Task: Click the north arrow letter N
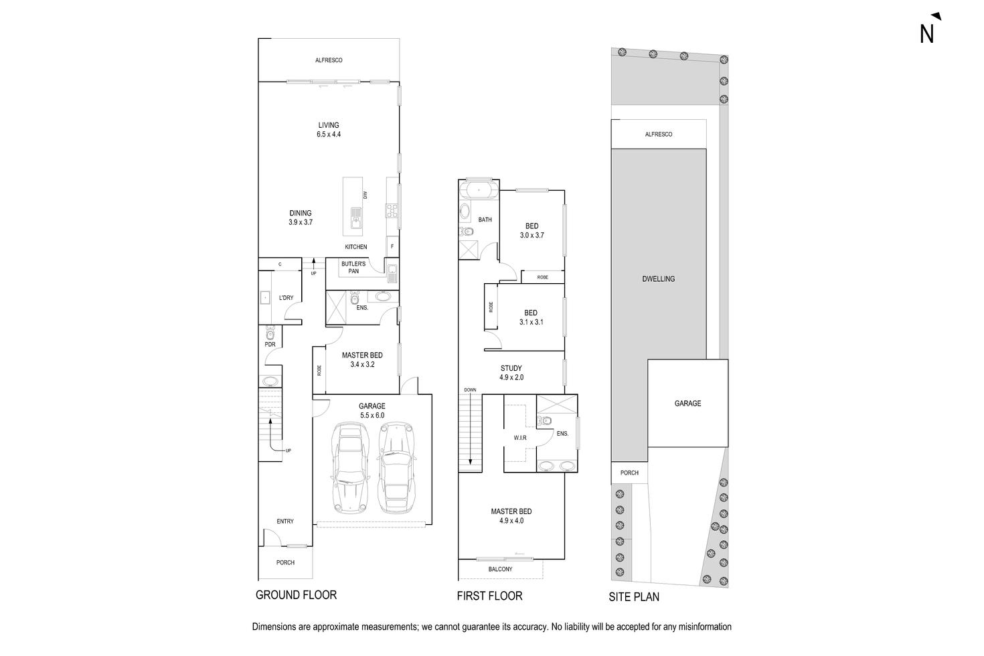pos(926,33)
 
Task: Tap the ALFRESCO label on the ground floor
pos(329,60)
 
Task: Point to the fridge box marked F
pos(392,246)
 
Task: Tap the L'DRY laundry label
pos(286,298)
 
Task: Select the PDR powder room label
pos(270,344)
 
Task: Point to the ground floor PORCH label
pos(285,562)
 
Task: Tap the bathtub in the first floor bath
pos(479,191)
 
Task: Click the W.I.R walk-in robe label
pos(520,438)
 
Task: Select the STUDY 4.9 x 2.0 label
pos(511,373)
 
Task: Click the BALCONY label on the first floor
pos(500,569)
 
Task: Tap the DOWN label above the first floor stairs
pos(470,390)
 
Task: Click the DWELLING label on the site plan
pos(658,279)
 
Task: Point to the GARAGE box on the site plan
pos(687,403)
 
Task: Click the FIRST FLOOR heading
pos(489,596)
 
